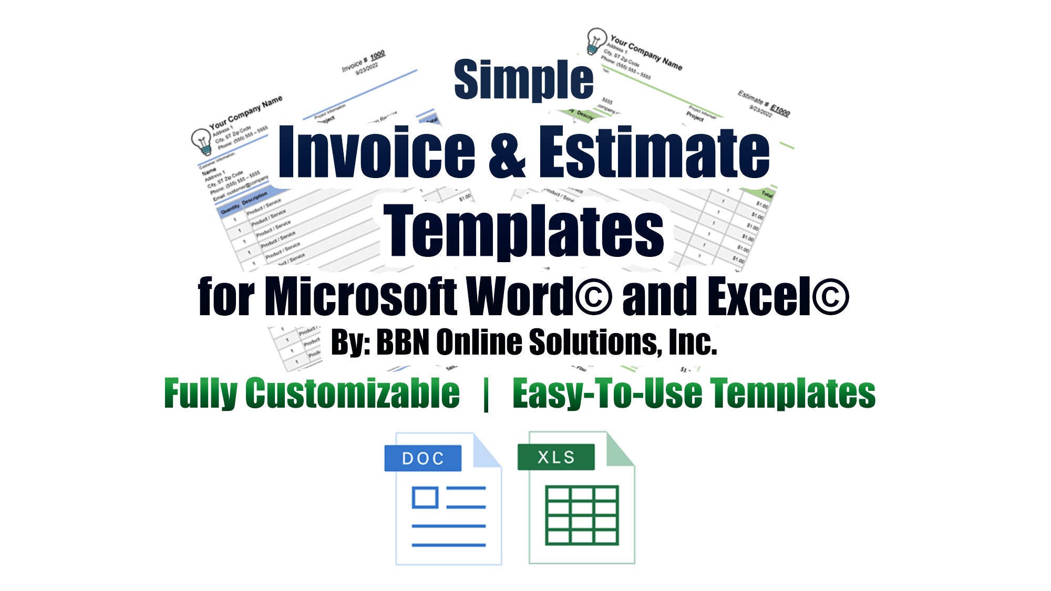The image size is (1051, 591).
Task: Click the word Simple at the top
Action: click(523, 80)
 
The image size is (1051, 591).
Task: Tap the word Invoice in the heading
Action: click(376, 152)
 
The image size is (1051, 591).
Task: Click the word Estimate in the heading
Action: click(654, 152)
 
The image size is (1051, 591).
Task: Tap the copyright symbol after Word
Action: click(594, 297)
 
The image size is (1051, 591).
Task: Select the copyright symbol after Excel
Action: click(830, 297)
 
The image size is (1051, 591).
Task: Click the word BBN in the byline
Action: click(404, 343)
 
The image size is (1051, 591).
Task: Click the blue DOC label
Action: click(423, 458)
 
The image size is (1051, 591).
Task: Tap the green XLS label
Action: click(556, 457)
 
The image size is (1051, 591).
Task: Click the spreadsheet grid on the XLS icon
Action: click(582, 515)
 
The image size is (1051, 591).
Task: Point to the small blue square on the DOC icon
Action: click(425, 497)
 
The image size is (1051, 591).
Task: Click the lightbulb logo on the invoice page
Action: click(202, 141)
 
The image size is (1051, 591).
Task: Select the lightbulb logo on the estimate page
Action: click(596, 40)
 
